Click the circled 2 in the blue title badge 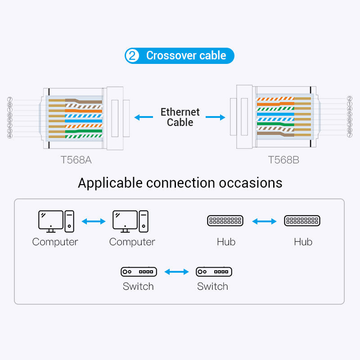click(132, 56)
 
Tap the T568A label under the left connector click(76, 160)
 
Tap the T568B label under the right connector click(283, 160)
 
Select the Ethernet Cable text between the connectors click(180, 117)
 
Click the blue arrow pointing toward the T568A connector click(144, 117)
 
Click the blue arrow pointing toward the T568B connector click(216, 117)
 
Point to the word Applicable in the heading click(110, 183)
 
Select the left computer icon click(55, 221)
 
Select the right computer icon click(130, 221)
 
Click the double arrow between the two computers click(93, 221)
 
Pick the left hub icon click(225, 220)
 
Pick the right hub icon click(302, 220)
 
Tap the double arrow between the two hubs click(264, 221)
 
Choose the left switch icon click(139, 271)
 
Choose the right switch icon click(214, 271)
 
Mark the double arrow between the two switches click(176, 272)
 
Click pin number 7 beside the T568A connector click(10, 100)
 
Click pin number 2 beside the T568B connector click(350, 99)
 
